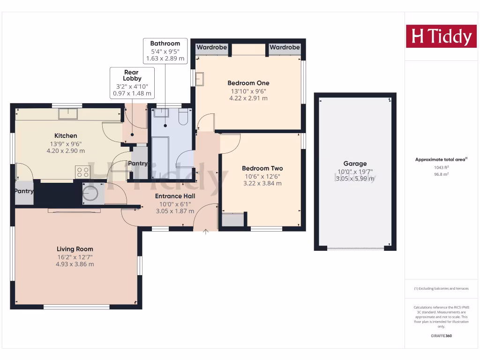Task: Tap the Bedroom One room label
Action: pyautogui.click(x=248, y=83)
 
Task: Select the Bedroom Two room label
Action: pyautogui.click(x=262, y=168)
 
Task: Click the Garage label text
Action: pyautogui.click(x=355, y=164)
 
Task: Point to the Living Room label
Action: pyautogui.click(x=75, y=249)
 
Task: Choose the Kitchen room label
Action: pyautogui.click(x=66, y=136)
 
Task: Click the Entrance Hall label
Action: pyautogui.click(x=175, y=196)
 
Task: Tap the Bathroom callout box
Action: pyautogui.click(x=165, y=51)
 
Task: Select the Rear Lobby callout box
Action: pyautogui.click(x=132, y=82)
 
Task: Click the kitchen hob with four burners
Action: pyautogui.click(x=82, y=172)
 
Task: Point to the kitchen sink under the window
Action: pyautogui.click(x=68, y=114)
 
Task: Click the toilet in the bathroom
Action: pyautogui.click(x=183, y=116)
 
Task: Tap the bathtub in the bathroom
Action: pyautogui.click(x=161, y=157)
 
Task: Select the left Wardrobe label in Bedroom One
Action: pyautogui.click(x=211, y=47)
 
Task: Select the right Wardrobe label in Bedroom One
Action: pyautogui.click(x=285, y=47)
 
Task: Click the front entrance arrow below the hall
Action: pyautogui.click(x=206, y=232)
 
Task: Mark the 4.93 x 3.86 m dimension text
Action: pyautogui.click(x=75, y=264)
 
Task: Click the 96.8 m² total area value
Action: pyautogui.click(x=441, y=174)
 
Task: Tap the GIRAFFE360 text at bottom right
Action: pyautogui.click(x=441, y=336)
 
